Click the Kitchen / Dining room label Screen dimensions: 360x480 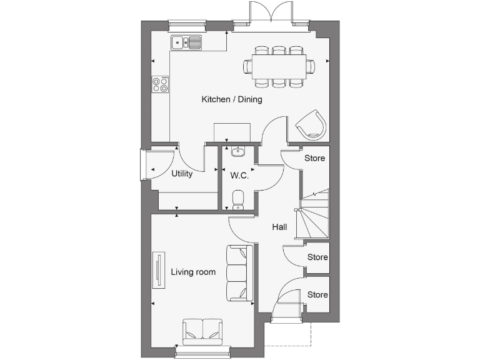[231, 99]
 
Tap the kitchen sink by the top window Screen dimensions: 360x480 [186, 42]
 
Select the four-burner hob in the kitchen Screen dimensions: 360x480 [161, 84]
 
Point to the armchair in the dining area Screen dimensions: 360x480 [311, 124]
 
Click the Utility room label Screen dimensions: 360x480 [182, 174]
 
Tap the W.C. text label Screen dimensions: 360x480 [239, 176]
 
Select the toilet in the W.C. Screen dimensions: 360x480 [237, 199]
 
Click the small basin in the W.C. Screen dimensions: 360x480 [237, 152]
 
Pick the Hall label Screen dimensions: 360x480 [279, 227]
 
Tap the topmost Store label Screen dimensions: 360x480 [315, 158]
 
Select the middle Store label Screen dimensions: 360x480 [317, 257]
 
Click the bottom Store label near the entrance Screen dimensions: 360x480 [317, 294]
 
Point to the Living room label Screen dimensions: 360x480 [193, 272]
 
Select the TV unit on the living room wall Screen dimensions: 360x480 [159, 271]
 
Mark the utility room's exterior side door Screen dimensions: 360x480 [146, 165]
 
